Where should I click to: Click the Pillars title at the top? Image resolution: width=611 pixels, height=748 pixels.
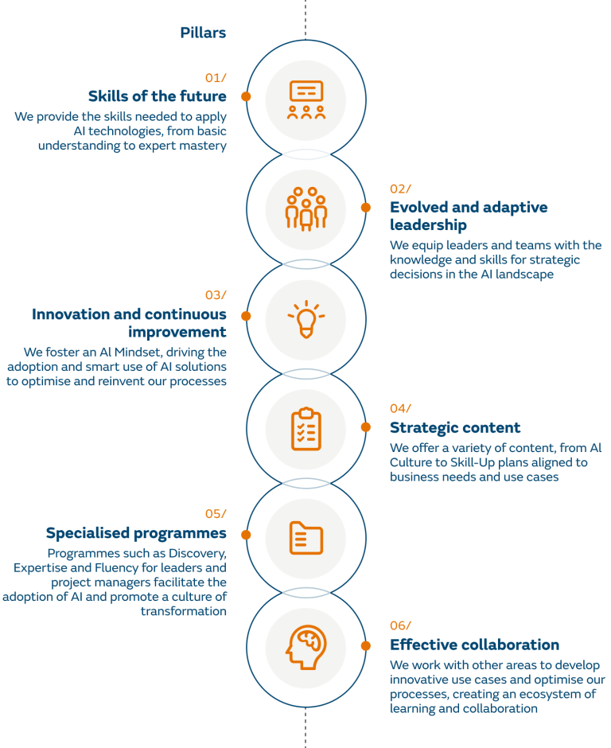pos(203,33)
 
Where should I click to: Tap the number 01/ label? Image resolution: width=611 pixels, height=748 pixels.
pos(215,77)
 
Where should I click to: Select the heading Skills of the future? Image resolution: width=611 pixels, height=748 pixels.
pos(157,96)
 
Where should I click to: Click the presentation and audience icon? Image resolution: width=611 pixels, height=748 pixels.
pos(306,100)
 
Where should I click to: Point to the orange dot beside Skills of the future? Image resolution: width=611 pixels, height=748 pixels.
pos(247,95)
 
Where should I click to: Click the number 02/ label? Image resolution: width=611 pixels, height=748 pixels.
pos(400,189)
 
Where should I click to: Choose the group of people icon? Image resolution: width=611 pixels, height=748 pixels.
pos(306,209)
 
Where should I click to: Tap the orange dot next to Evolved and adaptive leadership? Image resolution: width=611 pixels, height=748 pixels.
pos(366,207)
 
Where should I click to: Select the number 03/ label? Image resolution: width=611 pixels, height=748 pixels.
pos(215,295)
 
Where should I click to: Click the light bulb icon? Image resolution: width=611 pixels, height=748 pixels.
pos(306,318)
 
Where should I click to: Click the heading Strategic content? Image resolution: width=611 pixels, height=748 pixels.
pos(455,427)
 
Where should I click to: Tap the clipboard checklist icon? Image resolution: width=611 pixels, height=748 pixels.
pos(306,429)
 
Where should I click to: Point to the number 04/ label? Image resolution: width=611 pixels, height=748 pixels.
pos(400,408)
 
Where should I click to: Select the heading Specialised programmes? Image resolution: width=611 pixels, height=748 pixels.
pos(136,533)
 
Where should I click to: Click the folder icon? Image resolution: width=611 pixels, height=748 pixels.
pos(306,538)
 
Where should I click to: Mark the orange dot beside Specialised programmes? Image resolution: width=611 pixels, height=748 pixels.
pos(247,535)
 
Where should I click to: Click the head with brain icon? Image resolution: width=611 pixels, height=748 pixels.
pos(306,647)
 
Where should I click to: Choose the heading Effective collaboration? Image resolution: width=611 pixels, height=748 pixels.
pos(474,645)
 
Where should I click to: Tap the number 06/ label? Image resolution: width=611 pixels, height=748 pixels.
pos(400,625)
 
